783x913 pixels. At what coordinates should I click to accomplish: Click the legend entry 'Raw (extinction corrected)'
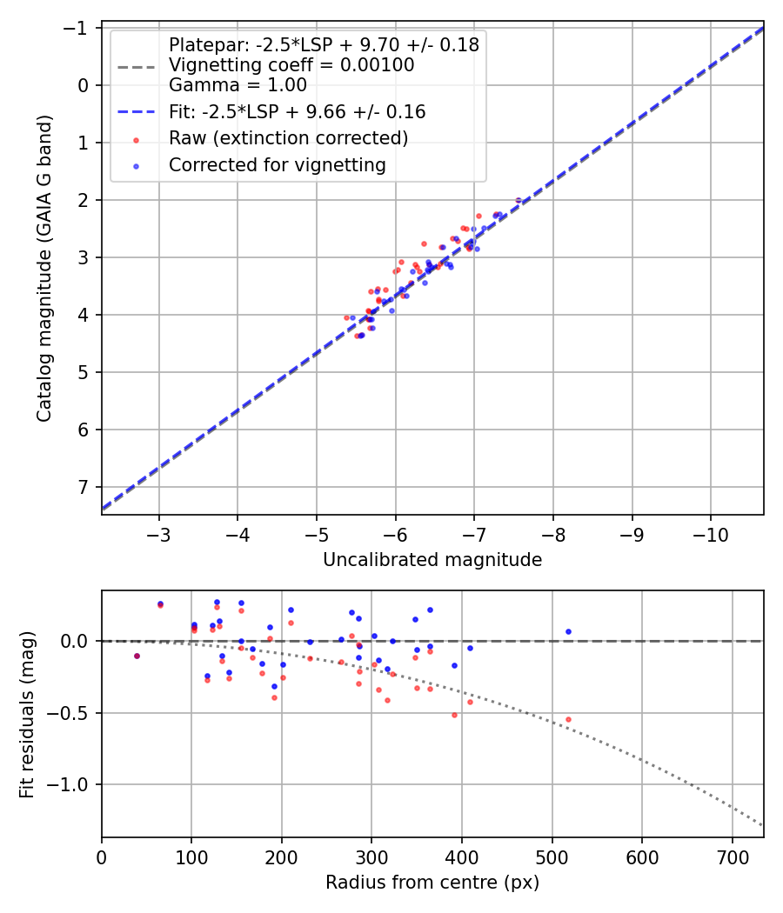pyautogui.click(x=288, y=138)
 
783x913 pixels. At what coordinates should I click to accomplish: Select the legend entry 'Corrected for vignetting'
pyautogui.click(x=277, y=164)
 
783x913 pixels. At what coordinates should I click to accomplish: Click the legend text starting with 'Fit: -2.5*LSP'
pyautogui.click(x=297, y=112)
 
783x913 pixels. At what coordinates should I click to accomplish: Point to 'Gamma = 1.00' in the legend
pyautogui.click(x=238, y=85)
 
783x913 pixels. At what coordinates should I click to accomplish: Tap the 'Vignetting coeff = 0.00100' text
pyautogui.click(x=291, y=65)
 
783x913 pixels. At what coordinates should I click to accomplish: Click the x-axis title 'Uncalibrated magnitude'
pyautogui.click(x=432, y=560)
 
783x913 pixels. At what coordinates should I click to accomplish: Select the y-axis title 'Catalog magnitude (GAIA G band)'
pyautogui.click(x=44, y=269)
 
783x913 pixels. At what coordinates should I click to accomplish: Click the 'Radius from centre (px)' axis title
pyautogui.click(x=432, y=883)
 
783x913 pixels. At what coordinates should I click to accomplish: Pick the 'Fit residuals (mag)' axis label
pyautogui.click(x=27, y=715)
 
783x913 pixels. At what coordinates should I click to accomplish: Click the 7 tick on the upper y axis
pyautogui.click(x=84, y=487)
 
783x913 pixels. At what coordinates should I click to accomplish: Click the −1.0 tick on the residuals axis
pyautogui.click(x=72, y=785)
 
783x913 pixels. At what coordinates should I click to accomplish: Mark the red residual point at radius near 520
pyautogui.click(x=568, y=719)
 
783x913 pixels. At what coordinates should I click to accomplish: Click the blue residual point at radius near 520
pyautogui.click(x=568, y=631)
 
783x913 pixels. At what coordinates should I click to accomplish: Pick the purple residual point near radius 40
pyautogui.click(x=137, y=656)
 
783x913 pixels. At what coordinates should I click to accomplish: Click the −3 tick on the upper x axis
pyautogui.click(x=159, y=531)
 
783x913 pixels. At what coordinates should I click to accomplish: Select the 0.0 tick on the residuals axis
pyautogui.click(x=77, y=641)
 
